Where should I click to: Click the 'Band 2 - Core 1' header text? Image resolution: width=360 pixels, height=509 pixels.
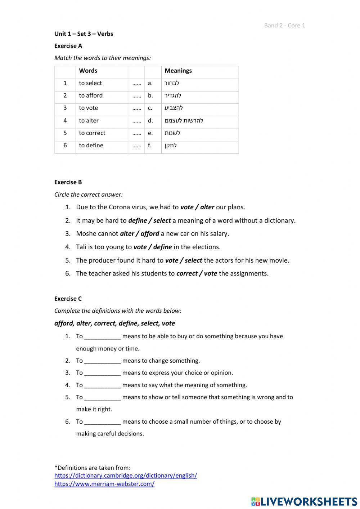pos(284,25)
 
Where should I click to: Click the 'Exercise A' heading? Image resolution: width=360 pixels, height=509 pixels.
pos(68,46)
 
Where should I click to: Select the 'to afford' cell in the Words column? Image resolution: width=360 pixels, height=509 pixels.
pos(91,95)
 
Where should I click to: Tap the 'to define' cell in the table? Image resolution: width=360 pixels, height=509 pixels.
pos(91,146)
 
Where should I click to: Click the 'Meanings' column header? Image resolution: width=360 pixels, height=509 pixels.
pos(178,71)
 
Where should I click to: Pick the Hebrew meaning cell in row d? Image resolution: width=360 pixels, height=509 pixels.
pos(184,121)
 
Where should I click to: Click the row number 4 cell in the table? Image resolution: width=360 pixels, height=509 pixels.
pos(65,121)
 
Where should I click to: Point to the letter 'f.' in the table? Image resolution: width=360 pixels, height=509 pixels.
pos(150,146)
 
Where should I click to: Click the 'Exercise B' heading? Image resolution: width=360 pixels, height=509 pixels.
pos(68,182)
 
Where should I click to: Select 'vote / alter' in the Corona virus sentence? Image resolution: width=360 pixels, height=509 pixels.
pos(197,207)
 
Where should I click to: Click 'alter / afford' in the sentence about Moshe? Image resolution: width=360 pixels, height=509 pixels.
pos(139,233)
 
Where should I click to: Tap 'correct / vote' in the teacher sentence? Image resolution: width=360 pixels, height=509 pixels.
pos(197,273)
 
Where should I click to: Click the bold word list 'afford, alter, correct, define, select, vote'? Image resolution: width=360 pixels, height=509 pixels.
pos(114,323)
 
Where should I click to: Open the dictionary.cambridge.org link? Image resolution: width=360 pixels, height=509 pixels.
pos(126,475)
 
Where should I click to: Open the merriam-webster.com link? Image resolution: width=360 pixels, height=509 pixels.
pos(104,484)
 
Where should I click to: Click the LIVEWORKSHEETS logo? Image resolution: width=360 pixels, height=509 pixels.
pos(304,501)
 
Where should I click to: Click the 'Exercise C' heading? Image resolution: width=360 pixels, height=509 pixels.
pos(68,299)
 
